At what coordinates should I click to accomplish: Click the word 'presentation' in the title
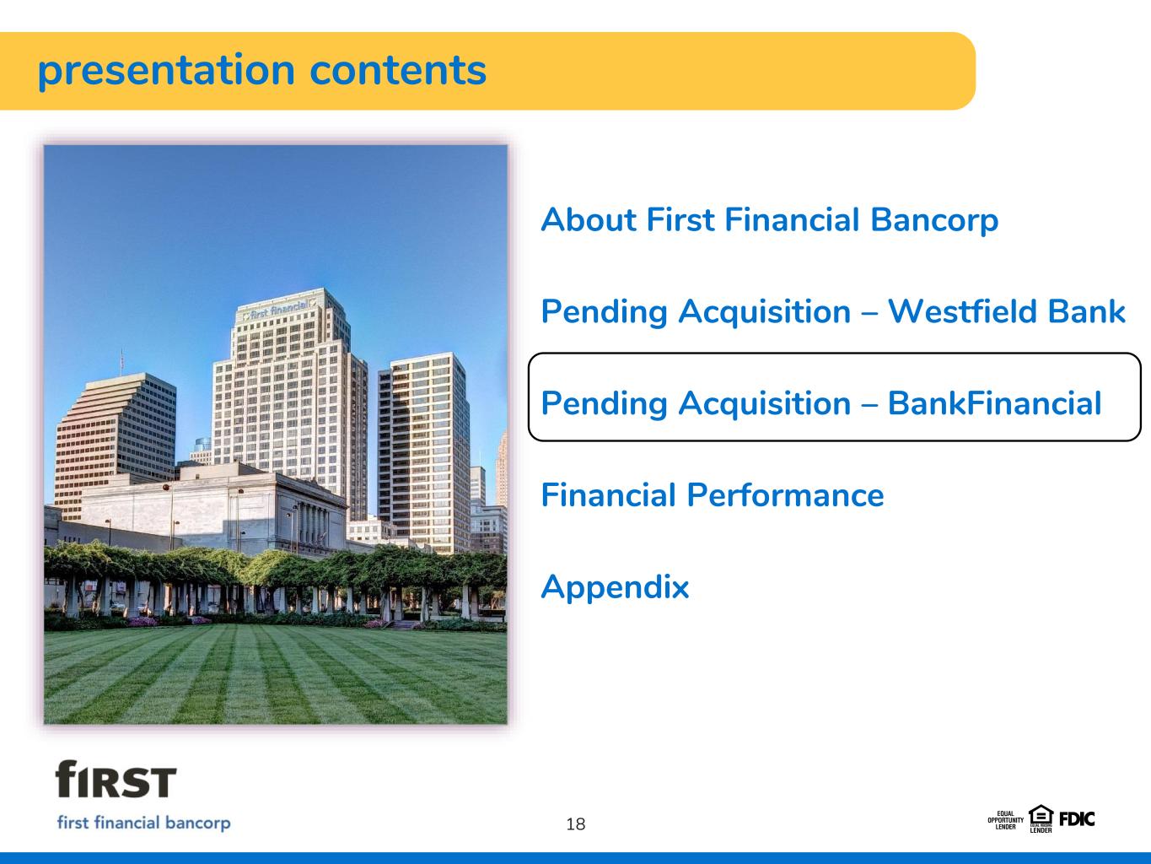(x=166, y=72)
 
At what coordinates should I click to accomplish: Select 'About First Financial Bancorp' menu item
(x=769, y=220)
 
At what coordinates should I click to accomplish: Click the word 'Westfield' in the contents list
(x=963, y=311)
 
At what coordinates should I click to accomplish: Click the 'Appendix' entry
(x=615, y=587)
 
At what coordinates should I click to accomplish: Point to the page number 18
(x=575, y=824)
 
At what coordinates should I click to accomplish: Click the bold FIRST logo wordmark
(x=116, y=779)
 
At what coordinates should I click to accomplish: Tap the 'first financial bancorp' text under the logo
(x=143, y=823)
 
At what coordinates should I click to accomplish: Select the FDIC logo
(x=1077, y=819)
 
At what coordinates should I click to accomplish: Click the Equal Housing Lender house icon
(x=1041, y=819)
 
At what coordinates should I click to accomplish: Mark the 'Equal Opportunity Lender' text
(x=1005, y=820)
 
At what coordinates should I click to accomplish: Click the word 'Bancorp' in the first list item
(x=934, y=220)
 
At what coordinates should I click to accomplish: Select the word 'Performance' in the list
(x=785, y=496)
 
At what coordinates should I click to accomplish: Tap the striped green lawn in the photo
(x=275, y=676)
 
